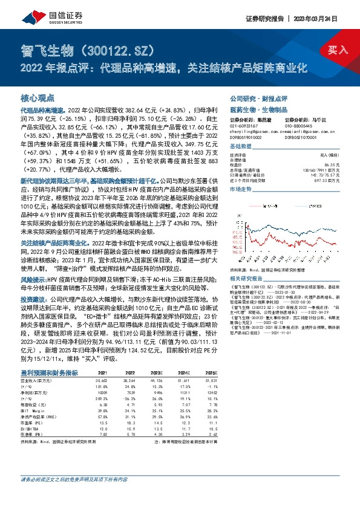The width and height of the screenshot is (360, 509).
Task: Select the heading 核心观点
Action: (x=38, y=97)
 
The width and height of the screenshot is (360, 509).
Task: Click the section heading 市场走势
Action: (x=241, y=190)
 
